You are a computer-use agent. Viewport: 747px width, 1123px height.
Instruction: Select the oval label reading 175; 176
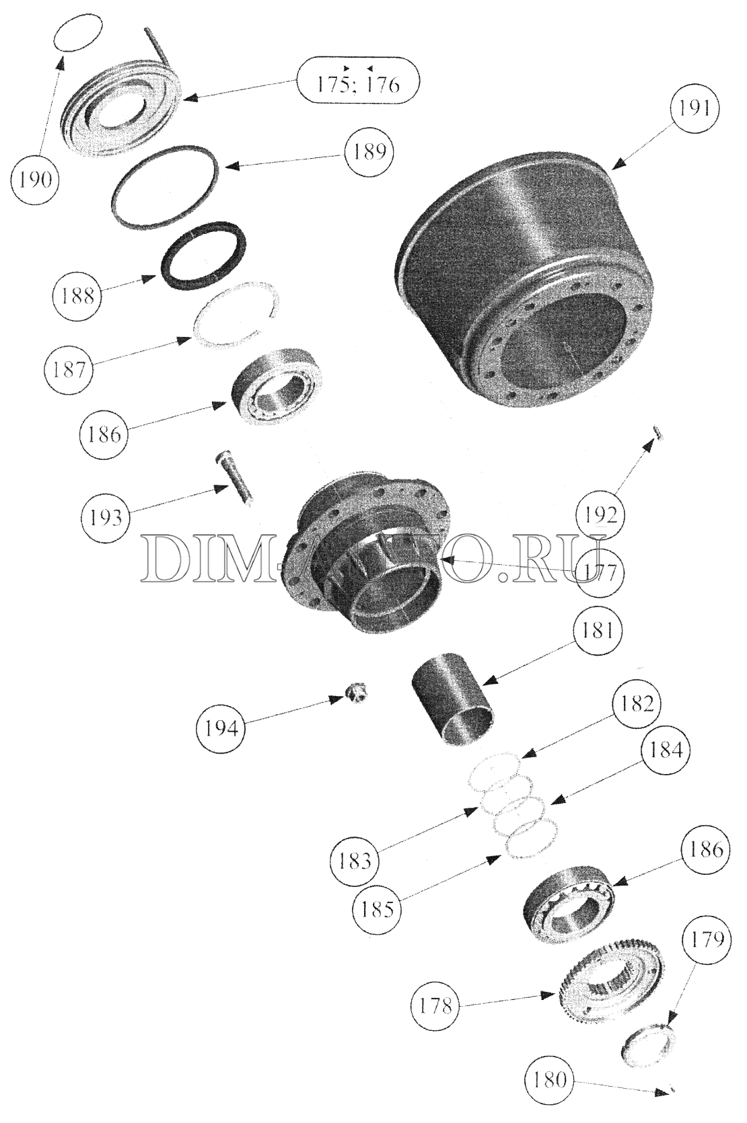tap(357, 81)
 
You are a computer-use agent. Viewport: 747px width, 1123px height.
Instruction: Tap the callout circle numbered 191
tap(695, 108)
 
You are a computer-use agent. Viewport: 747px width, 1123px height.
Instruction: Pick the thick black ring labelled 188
tap(204, 255)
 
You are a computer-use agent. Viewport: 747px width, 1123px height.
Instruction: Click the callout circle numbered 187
tap(69, 369)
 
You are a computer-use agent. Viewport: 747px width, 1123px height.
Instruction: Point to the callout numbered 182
tap(637, 704)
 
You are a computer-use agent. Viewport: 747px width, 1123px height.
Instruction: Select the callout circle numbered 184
tap(666, 750)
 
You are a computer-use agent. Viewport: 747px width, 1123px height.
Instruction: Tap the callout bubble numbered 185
tap(378, 908)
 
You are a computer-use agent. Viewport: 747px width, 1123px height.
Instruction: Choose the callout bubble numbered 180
tap(549, 1078)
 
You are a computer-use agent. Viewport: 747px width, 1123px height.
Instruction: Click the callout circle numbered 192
tap(600, 515)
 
